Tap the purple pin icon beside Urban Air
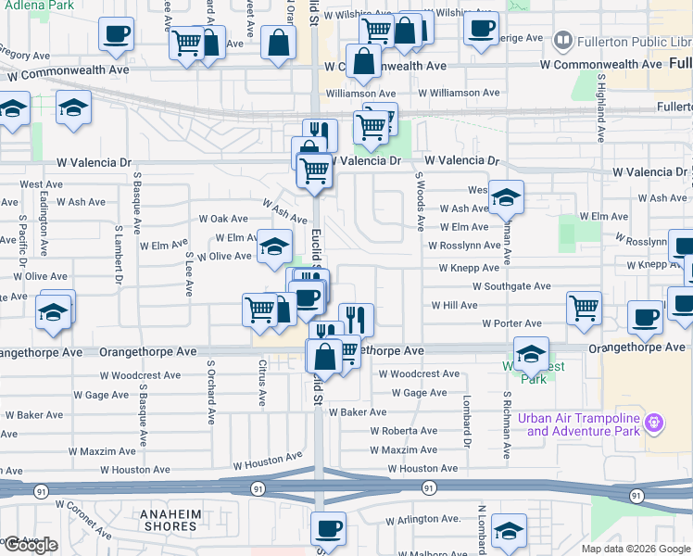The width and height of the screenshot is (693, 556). [655, 423]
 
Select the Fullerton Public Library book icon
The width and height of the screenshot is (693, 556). [562, 42]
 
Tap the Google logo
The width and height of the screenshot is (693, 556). [31, 545]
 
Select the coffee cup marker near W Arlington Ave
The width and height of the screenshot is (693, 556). [328, 529]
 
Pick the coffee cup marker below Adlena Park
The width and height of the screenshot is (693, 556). [116, 34]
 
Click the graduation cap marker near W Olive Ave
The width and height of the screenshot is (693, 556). [273, 246]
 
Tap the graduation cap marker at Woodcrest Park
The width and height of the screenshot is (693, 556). [530, 353]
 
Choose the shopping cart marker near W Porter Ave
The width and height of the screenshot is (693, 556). [584, 309]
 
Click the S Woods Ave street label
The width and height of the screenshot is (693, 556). [420, 201]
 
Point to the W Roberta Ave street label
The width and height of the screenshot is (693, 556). [404, 431]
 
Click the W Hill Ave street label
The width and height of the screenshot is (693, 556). [455, 305]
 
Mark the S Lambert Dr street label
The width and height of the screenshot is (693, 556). [120, 252]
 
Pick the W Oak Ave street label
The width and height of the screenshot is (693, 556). [223, 219]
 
